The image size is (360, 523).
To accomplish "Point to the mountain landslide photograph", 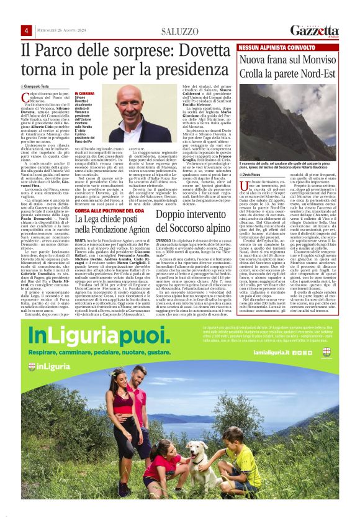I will tap(290, 114).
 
